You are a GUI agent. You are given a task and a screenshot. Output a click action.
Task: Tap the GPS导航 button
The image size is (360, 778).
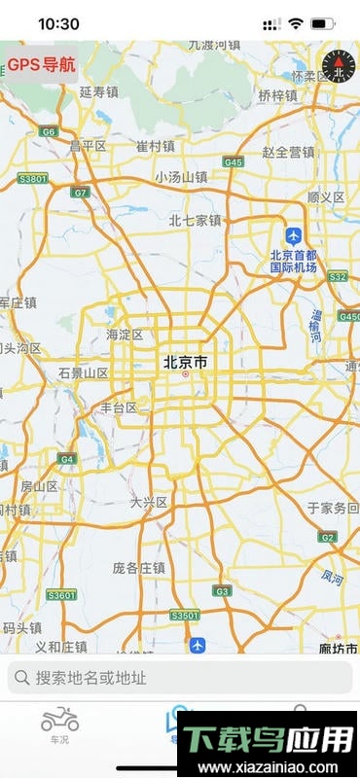(x=41, y=64)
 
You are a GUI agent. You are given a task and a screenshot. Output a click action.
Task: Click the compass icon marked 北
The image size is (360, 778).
(x=338, y=66)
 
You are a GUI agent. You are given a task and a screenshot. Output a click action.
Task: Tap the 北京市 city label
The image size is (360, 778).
(x=185, y=362)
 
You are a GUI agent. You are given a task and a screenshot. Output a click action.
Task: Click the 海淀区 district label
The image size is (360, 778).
(x=125, y=335)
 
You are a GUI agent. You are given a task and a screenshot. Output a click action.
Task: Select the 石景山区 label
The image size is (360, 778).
(x=83, y=372)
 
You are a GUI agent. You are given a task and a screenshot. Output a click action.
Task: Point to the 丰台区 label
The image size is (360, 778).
(x=119, y=408)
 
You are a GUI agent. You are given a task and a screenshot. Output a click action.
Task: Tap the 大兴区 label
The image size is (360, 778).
(x=149, y=503)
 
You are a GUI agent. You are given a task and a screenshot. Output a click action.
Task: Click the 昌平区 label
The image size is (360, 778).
(x=88, y=146)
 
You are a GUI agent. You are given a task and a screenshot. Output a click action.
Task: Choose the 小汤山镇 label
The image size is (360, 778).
(x=181, y=177)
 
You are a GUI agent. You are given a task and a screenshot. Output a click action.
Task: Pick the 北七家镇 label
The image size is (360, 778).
(x=195, y=221)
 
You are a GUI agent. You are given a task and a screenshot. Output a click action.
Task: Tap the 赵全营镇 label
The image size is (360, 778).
(x=289, y=152)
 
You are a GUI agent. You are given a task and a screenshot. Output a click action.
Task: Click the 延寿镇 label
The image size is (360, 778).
(x=98, y=92)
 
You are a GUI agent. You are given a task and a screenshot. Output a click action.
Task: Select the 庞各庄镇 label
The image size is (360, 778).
(x=140, y=568)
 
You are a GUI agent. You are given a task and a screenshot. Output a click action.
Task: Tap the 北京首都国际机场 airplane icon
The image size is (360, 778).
(x=293, y=235)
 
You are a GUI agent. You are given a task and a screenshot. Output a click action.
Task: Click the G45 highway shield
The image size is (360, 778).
(x=233, y=162)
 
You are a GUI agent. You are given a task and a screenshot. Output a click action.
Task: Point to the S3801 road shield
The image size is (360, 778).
(x=33, y=179)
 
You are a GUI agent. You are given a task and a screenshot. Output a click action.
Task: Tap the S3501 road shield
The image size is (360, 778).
(x=184, y=616)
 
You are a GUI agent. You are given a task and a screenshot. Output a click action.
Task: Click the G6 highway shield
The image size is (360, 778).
(x=49, y=130)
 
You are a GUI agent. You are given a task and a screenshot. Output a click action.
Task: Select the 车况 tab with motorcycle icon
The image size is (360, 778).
(x=59, y=725)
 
